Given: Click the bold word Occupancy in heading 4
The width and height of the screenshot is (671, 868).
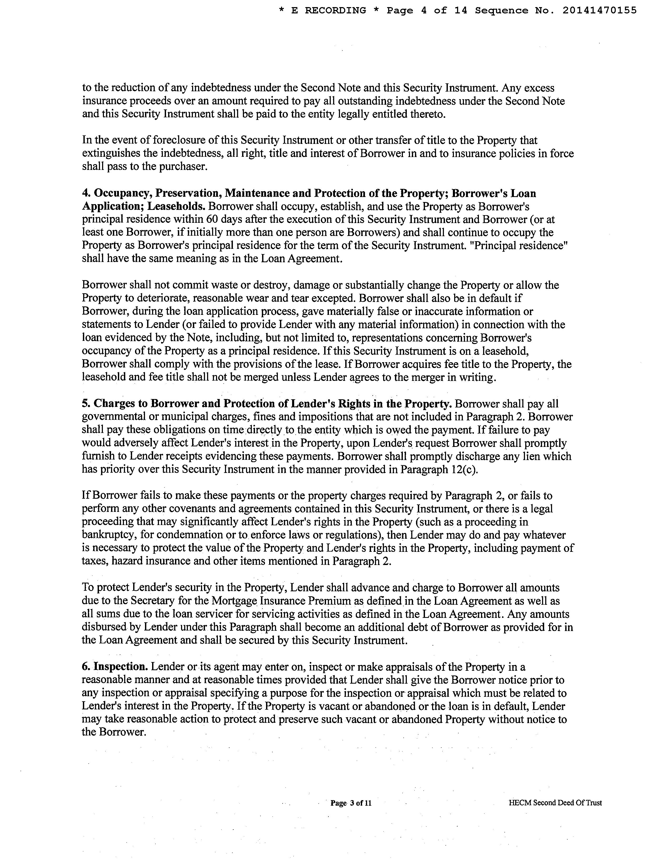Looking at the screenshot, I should (x=121, y=194).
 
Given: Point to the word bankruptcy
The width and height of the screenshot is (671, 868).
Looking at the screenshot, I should (x=107, y=535).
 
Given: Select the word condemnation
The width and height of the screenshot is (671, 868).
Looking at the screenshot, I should (x=191, y=535).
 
